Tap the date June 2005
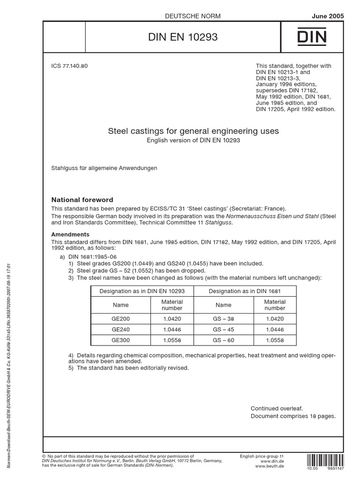pyautogui.click(x=328, y=16)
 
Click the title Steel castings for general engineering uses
pyautogui.click(x=193, y=131)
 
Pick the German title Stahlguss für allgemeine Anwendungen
pyautogui.click(x=104, y=168)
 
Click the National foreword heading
pyautogui.click(x=82, y=200)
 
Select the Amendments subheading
pyautogui.click(x=70, y=234)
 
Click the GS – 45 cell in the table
pyautogui.click(x=223, y=330)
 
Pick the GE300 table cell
pyautogui.click(x=120, y=341)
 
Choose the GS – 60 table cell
pyautogui.click(x=223, y=341)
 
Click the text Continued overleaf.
pyautogui.click(x=277, y=408)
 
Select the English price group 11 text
pyautogui.click(x=262, y=456)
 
